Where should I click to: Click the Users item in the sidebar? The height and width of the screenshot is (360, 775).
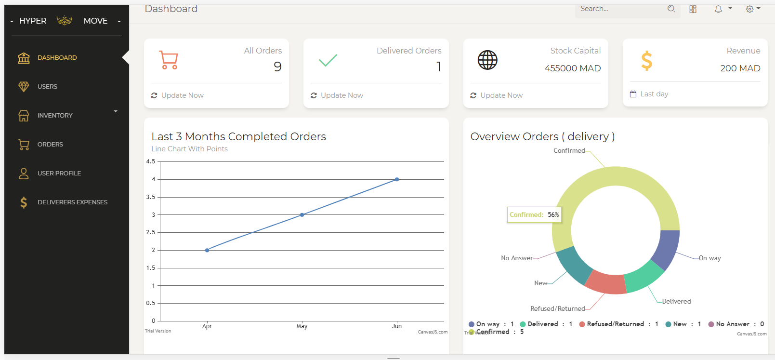[x=47, y=87]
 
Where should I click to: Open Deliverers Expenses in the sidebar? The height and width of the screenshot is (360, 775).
[x=72, y=202]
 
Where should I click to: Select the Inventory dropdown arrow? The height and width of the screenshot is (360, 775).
[x=116, y=112]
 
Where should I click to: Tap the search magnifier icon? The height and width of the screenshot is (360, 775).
[x=671, y=9]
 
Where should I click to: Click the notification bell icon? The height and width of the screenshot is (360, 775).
[x=718, y=9]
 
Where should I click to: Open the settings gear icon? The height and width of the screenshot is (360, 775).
[x=749, y=9]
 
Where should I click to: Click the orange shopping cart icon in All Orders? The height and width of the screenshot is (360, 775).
[x=169, y=60]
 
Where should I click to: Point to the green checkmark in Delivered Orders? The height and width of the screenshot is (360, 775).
[x=328, y=60]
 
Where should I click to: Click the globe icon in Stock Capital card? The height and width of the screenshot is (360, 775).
[x=487, y=60]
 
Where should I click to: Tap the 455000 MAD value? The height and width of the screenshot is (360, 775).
[x=573, y=68]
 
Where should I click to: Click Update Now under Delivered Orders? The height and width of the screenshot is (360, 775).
[x=342, y=95]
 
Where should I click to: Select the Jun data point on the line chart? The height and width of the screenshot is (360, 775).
[x=397, y=179]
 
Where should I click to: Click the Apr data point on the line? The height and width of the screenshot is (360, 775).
[x=207, y=250]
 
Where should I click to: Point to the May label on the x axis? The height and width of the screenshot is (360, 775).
[x=302, y=326]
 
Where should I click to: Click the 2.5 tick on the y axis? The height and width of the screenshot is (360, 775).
[x=151, y=232]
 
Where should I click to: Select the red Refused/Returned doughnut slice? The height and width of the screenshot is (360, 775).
[x=606, y=283]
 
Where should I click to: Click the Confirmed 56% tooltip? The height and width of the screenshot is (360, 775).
[x=534, y=215]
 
